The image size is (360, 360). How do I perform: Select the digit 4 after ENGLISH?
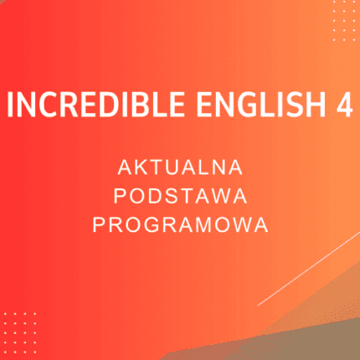coord(342,105)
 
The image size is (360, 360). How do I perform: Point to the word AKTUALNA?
coord(180,167)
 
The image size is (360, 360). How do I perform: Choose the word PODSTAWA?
coord(180,196)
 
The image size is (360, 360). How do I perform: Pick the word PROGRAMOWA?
coord(180,224)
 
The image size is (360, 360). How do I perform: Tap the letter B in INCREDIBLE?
coord(128,105)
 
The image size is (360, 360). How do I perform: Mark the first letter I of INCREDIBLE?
coord(11,105)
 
